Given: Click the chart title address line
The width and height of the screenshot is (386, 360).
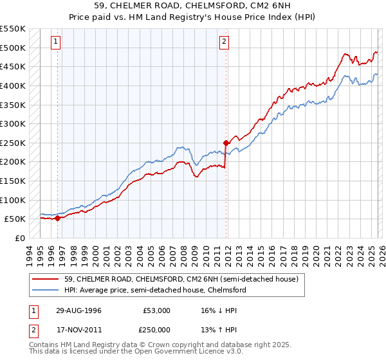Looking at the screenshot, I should pos(192,6).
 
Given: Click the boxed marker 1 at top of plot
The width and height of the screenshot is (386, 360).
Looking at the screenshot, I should pos(56,42).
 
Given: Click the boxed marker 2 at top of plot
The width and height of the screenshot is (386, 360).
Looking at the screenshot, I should pos(224,42).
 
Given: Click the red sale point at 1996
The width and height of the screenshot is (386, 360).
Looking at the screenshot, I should pos(58,218).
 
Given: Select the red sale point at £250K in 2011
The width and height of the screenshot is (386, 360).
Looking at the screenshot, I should pos(226,143).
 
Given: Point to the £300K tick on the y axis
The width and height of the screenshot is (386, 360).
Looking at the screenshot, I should pos(13,123).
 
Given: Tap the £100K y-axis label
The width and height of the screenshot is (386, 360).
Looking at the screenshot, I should pos(13,200).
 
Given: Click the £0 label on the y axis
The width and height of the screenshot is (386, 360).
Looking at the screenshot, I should pos(19,238).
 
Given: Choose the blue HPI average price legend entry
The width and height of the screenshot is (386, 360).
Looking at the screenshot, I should pos(155,291).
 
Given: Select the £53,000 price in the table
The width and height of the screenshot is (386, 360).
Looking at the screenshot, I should pos(156,310).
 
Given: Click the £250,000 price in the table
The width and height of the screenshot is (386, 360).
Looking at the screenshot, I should pos(156,330).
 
